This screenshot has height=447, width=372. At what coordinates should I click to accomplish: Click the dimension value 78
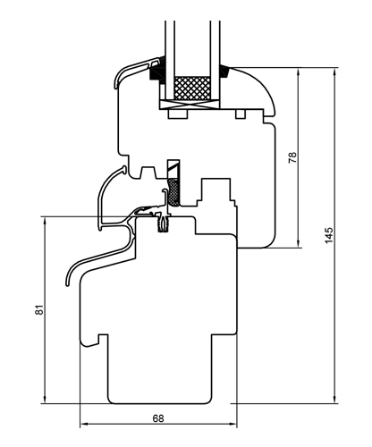click(293, 157)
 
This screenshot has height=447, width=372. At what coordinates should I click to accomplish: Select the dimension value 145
click(329, 235)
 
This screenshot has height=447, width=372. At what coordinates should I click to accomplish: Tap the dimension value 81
click(39, 310)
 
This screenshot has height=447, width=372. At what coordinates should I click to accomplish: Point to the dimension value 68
click(158, 418)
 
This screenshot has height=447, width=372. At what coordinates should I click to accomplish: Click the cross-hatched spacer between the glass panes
click(192, 88)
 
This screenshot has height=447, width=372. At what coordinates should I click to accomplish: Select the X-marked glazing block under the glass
click(190, 105)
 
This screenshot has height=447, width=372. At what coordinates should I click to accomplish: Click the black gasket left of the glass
click(157, 71)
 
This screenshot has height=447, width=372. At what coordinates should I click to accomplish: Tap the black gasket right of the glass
click(225, 72)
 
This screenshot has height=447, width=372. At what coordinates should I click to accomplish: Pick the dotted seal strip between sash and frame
click(173, 192)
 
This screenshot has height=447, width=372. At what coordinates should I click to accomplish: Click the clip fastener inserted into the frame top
click(163, 223)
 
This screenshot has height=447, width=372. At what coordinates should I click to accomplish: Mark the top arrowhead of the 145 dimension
click(334, 72)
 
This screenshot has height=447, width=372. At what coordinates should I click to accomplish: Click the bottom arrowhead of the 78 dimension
click(299, 243)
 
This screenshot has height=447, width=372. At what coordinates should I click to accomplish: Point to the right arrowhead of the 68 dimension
click(232, 424)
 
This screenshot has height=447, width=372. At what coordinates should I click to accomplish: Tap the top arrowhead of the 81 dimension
click(45, 221)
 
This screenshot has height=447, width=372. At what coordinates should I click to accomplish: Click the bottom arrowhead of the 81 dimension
click(45, 400)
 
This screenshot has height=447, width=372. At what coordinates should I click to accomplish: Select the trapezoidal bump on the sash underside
click(148, 173)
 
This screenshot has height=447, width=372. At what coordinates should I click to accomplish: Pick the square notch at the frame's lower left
click(103, 339)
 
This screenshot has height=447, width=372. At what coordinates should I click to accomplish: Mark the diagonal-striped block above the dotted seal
click(173, 169)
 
